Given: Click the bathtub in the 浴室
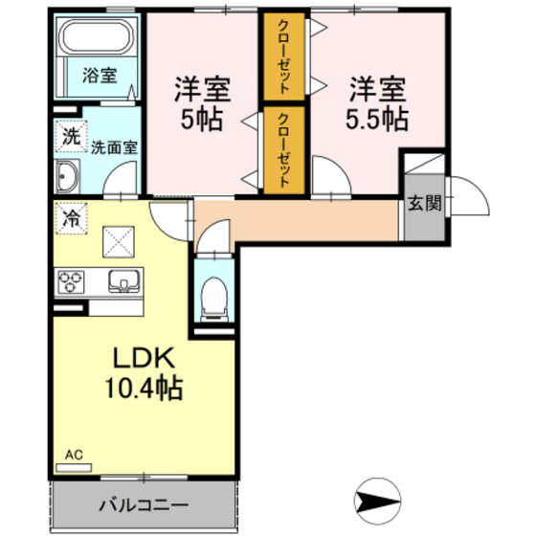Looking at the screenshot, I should click(97, 40).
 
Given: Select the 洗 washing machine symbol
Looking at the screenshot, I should click(70, 137).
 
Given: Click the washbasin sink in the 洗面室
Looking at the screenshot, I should click(69, 178).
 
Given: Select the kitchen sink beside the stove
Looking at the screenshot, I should click(125, 282).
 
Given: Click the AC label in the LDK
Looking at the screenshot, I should click(74, 456).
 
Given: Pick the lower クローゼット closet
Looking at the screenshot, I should click(285, 148).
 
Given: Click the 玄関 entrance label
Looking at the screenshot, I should click(424, 202).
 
